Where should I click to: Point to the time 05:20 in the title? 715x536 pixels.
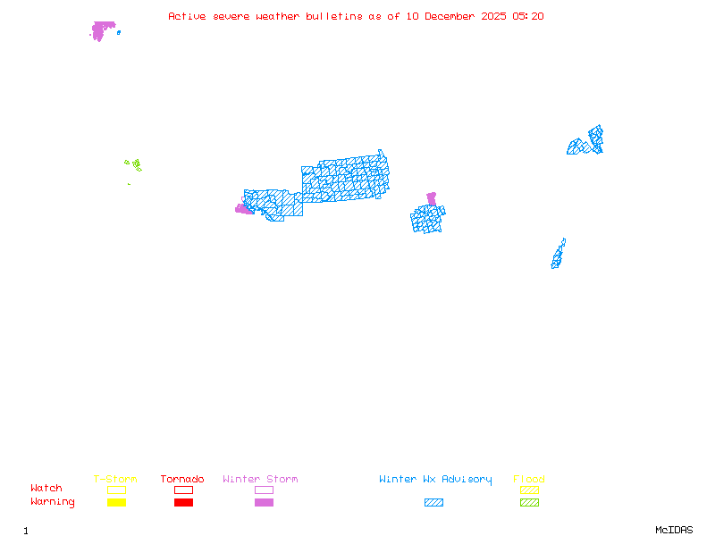tap(528, 16)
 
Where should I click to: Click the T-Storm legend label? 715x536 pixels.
tap(115, 479)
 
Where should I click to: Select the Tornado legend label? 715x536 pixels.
tap(182, 479)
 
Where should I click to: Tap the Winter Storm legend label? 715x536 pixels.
tap(260, 479)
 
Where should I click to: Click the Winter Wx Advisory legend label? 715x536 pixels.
tap(435, 479)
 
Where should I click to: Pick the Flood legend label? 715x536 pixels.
tap(529, 479)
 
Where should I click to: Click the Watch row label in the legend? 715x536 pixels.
tap(46, 489)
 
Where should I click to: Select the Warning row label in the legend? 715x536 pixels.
tap(53, 502)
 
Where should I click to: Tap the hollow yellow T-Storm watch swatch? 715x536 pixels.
tap(116, 490)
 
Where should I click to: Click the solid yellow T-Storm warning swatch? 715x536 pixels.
tap(116, 502)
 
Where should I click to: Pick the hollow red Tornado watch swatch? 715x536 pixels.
tap(183, 490)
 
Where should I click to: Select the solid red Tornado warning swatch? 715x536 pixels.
tap(183, 502)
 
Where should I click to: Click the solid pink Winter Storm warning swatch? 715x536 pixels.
tap(264, 502)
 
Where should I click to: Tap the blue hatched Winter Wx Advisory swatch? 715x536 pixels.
tap(433, 502)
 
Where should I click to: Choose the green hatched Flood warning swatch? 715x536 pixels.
tap(529, 502)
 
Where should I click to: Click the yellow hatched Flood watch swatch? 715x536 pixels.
tap(529, 490)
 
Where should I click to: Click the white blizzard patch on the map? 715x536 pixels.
tap(567, 243)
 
